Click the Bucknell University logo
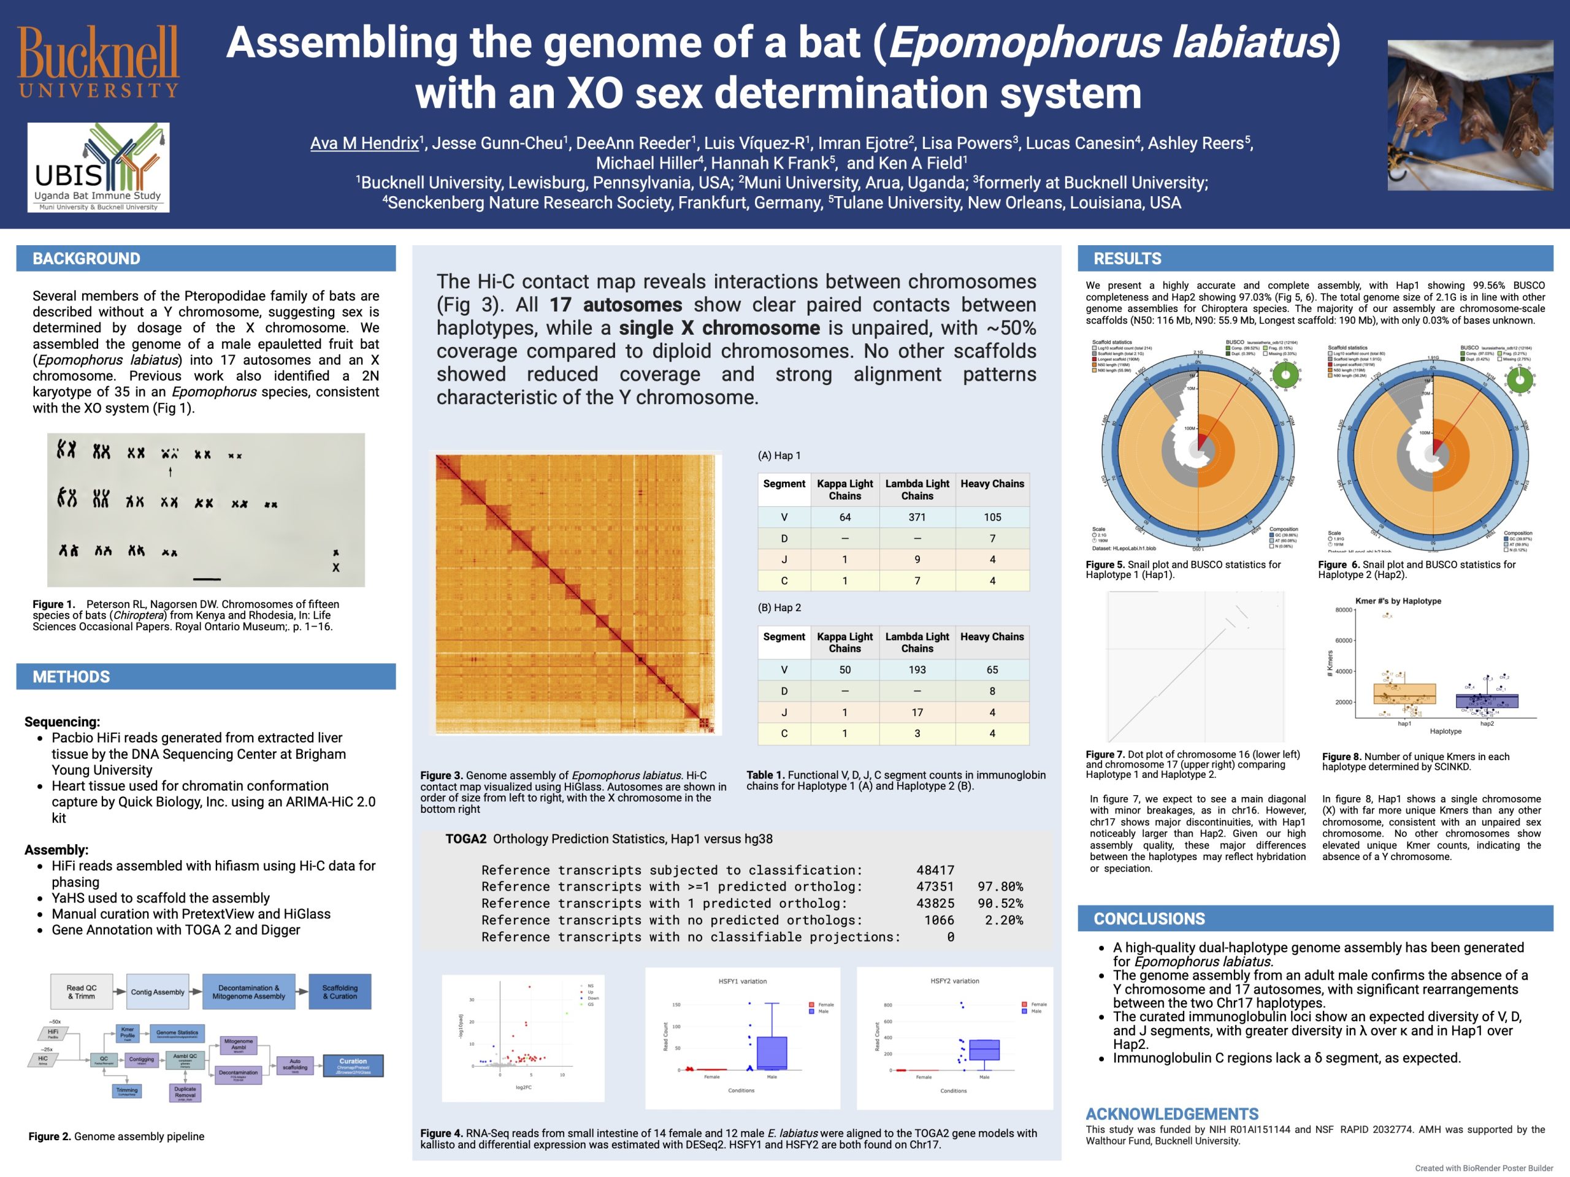coord(99,62)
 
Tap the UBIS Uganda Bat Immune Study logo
coord(99,167)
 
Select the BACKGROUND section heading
coord(86,259)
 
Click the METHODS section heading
coord(71,677)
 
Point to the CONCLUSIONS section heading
coord(1149,919)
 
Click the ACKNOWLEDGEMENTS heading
coord(1172,1114)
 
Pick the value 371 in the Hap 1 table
coord(917,517)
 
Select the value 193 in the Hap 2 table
coord(917,670)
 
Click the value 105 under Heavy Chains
coord(992,517)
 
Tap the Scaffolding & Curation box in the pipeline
coord(340,992)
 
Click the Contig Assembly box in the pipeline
coord(158,992)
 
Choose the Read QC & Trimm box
coord(82,992)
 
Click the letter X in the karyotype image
coord(335,568)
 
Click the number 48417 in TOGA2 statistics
coord(935,870)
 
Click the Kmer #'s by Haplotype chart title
coord(1398,601)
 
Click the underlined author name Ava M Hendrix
coord(364,143)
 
